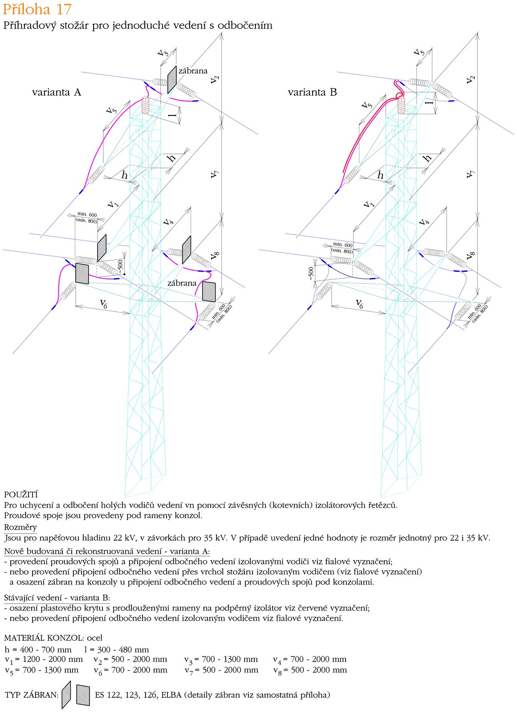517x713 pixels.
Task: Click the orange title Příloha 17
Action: point(37,9)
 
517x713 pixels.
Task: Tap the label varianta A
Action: point(57,92)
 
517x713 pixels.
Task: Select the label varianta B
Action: point(312,92)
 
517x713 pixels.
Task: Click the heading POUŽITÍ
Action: point(21,495)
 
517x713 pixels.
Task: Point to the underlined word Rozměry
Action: point(20,527)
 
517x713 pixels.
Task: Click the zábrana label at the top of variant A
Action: point(193,70)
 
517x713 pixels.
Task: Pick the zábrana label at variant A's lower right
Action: point(182,283)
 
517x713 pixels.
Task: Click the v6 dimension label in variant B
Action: point(359,304)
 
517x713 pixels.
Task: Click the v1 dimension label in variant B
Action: point(368,204)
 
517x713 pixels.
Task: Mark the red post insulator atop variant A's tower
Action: point(146,106)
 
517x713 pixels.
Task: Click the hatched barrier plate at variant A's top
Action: point(172,79)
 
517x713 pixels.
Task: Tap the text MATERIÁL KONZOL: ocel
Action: point(53,638)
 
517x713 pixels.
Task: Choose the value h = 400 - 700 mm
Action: point(38,649)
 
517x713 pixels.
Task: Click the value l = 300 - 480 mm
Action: point(116,649)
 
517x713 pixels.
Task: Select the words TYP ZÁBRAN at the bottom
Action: point(31,695)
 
